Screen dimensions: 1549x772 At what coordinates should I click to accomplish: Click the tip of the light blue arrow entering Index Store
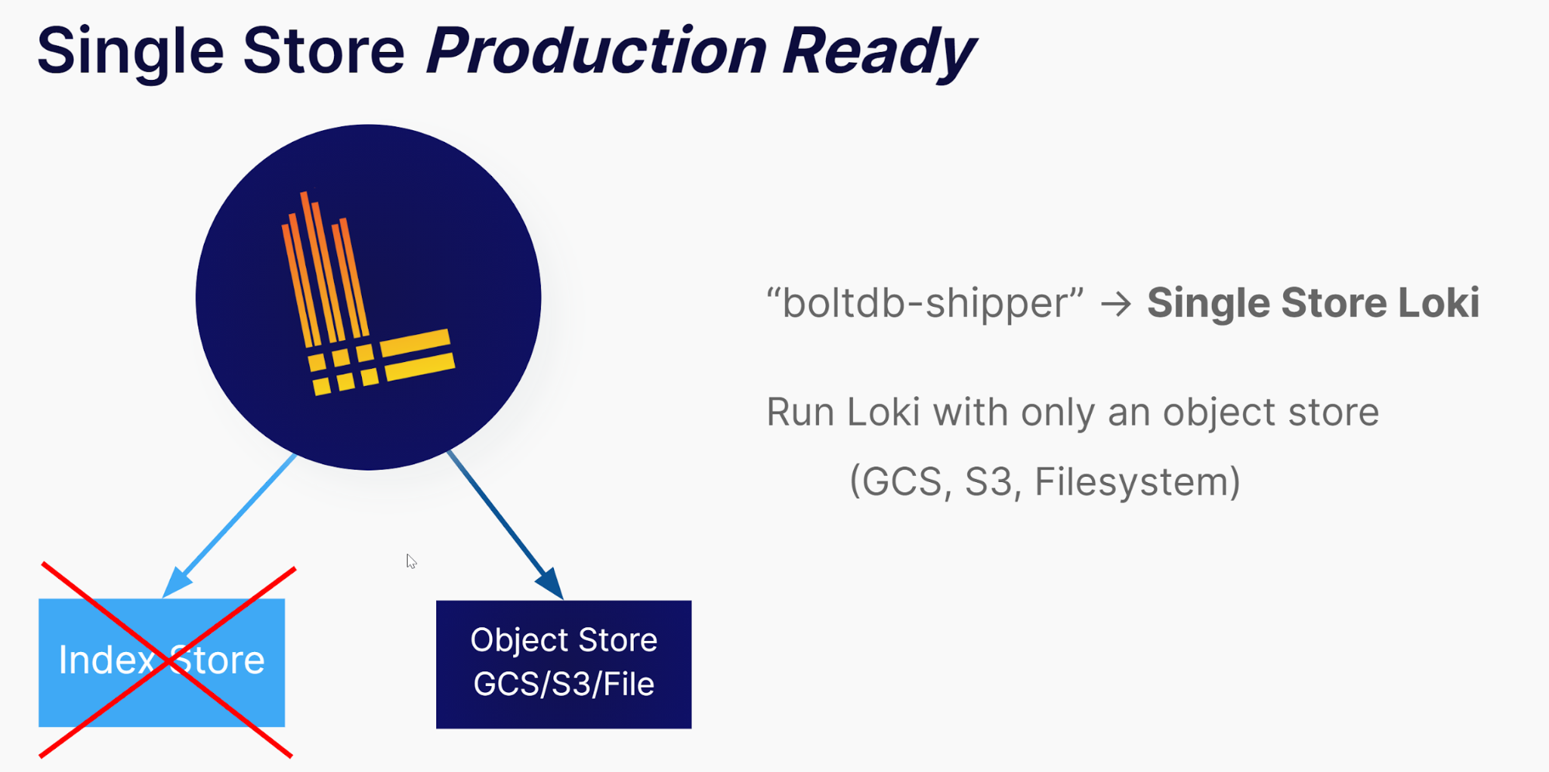click(164, 598)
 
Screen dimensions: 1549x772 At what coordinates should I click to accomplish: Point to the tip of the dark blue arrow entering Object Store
click(563, 599)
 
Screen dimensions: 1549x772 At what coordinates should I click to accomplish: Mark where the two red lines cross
click(166, 660)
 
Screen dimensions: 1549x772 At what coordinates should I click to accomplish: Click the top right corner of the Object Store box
click(691, 601)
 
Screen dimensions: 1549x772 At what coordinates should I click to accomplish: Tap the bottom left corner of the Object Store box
click(436, 729)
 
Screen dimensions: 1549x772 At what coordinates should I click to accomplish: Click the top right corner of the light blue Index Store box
click(284, 599)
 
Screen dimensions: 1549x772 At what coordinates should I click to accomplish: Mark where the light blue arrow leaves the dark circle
click(296, 454)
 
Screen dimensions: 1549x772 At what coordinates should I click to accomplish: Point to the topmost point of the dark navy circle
click(368, 125)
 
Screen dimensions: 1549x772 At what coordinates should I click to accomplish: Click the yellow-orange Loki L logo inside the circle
click(368, 294)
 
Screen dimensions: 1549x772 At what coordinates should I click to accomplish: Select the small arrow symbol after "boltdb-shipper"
click(1116, 304)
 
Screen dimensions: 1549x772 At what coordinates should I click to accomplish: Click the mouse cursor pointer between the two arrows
click(411, 561)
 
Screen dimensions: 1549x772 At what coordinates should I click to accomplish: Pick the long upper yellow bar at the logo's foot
click(415, 342)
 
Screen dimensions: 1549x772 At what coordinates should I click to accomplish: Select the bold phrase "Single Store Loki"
click(1313, 302)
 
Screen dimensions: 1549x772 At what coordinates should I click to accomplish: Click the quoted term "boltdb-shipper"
click(924, 302)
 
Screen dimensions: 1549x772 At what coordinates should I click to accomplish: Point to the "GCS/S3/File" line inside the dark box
click(564, 684)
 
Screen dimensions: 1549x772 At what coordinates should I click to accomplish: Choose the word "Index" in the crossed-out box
click(107, 660)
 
